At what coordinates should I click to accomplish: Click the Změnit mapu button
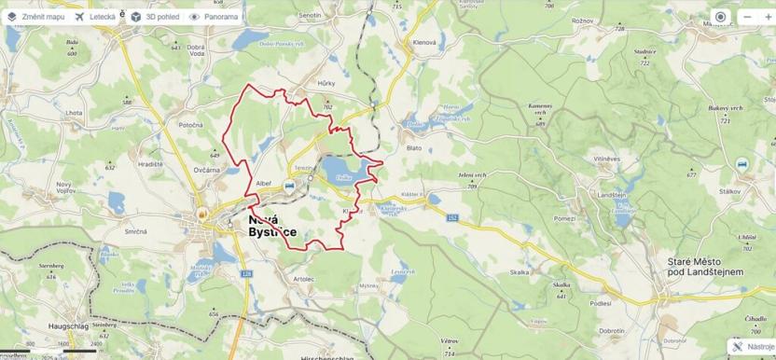[x=36, y=17]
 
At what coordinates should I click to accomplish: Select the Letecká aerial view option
[x=95, y=17]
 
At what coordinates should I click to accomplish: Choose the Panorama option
[x=215, y=17]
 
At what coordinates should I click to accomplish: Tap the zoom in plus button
[x=769, y=17]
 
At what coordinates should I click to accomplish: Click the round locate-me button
[x=720, y=17]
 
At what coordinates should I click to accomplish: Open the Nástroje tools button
[x=752, y=346]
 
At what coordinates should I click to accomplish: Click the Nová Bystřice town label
[x=272, y=225]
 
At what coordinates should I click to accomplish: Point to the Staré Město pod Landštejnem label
[x=704, y=267]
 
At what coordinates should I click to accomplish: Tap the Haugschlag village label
[x=70, y=327]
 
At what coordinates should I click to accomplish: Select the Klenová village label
[x=424, y=44]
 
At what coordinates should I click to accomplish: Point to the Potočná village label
[x=191, y=124]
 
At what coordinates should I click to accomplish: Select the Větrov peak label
[x=450, y=341]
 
